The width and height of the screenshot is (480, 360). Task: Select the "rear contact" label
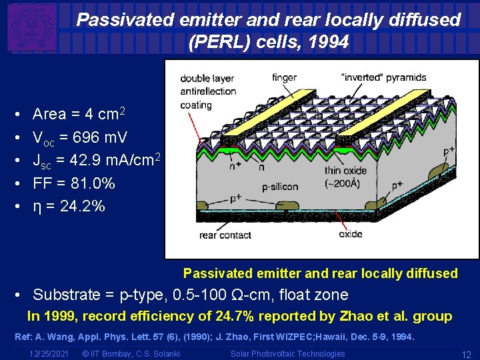225,235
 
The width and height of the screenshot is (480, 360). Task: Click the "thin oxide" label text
345,171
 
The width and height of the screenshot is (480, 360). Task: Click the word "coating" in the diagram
196,105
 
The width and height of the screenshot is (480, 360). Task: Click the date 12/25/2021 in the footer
50,353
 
